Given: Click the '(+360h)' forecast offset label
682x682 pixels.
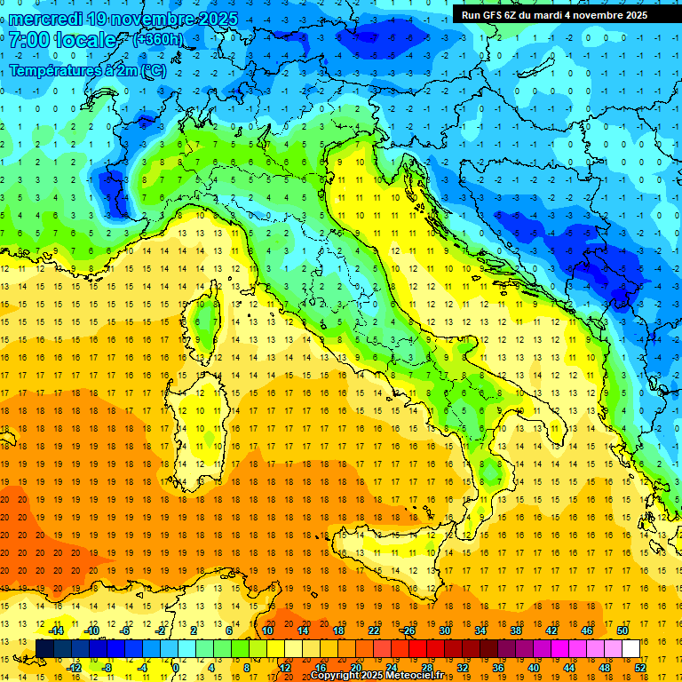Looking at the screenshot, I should (157, 39).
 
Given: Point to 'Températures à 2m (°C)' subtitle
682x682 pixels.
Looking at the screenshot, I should (86, 70).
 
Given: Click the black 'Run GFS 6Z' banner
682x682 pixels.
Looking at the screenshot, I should (554, 15).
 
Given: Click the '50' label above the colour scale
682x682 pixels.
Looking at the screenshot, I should (622, 630).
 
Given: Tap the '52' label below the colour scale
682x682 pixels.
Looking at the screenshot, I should (639, 668).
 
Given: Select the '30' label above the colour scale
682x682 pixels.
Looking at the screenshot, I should (445, 630).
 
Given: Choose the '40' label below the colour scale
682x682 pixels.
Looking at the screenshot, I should (533, 668).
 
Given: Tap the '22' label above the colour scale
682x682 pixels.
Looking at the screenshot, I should (374, 630).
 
